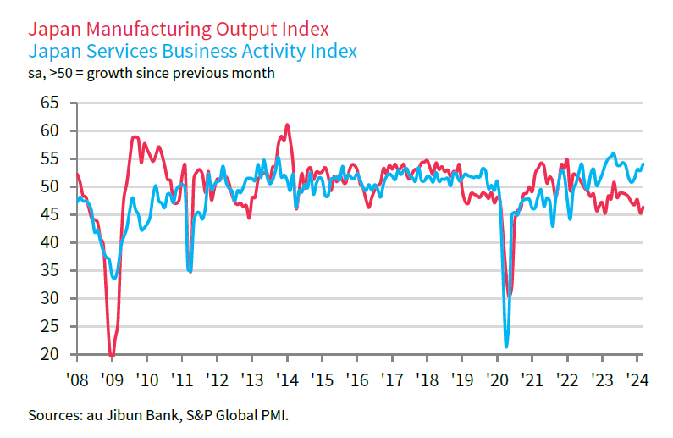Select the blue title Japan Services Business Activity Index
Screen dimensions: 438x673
click(192, 51)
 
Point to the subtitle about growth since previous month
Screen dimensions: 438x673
click(152, 73)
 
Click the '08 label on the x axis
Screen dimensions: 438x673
click(77, 379)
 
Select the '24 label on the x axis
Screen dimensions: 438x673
click(636, 379)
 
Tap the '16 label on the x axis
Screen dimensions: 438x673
click(356, 379)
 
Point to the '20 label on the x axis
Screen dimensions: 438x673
click(496, 379)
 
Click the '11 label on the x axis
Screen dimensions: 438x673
click(182, 379)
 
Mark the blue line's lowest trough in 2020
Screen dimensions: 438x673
click(506, 346)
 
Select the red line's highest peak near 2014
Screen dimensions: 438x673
click(287, 125)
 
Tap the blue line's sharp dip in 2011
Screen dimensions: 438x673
click(190, 271)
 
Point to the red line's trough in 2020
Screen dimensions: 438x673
click(509, 296)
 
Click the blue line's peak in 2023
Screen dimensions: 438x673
click(614, 153)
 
